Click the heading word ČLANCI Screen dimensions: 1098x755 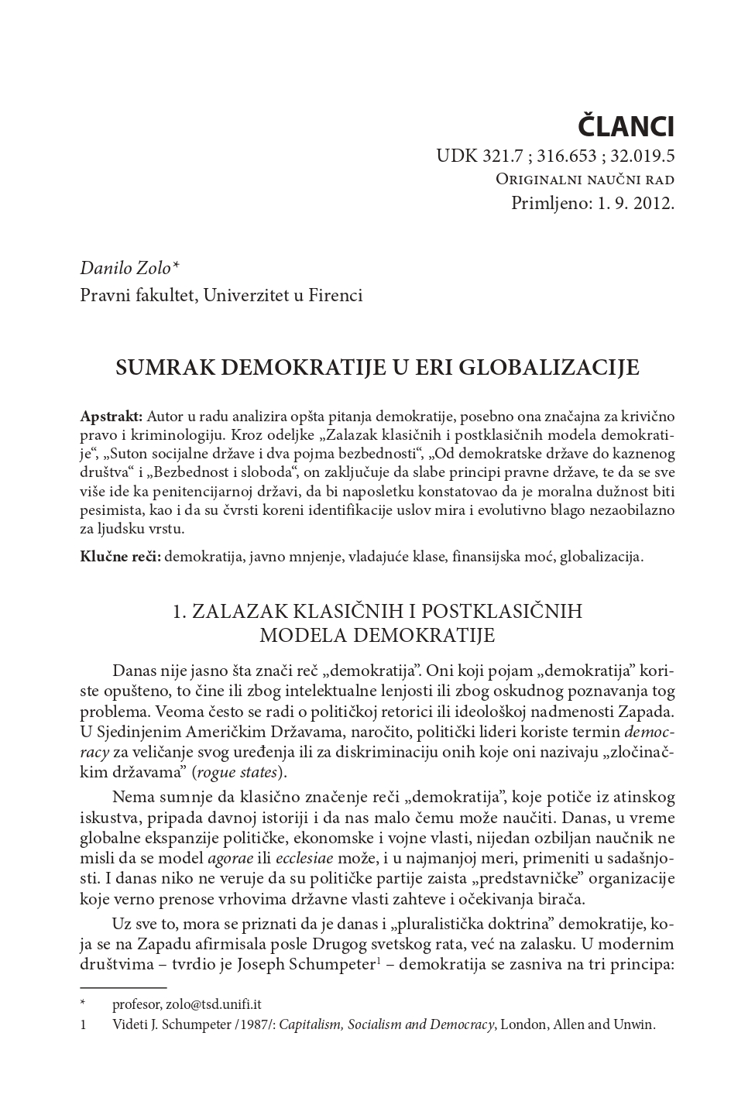coord(627,125)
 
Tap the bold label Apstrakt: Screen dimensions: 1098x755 coord(111,415)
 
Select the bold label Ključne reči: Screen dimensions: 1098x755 coord(120,556)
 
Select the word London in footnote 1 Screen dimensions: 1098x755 coord(524,1024)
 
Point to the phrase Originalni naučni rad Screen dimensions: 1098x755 coord(585,180)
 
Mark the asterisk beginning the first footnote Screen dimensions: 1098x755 coord(83,1004)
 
